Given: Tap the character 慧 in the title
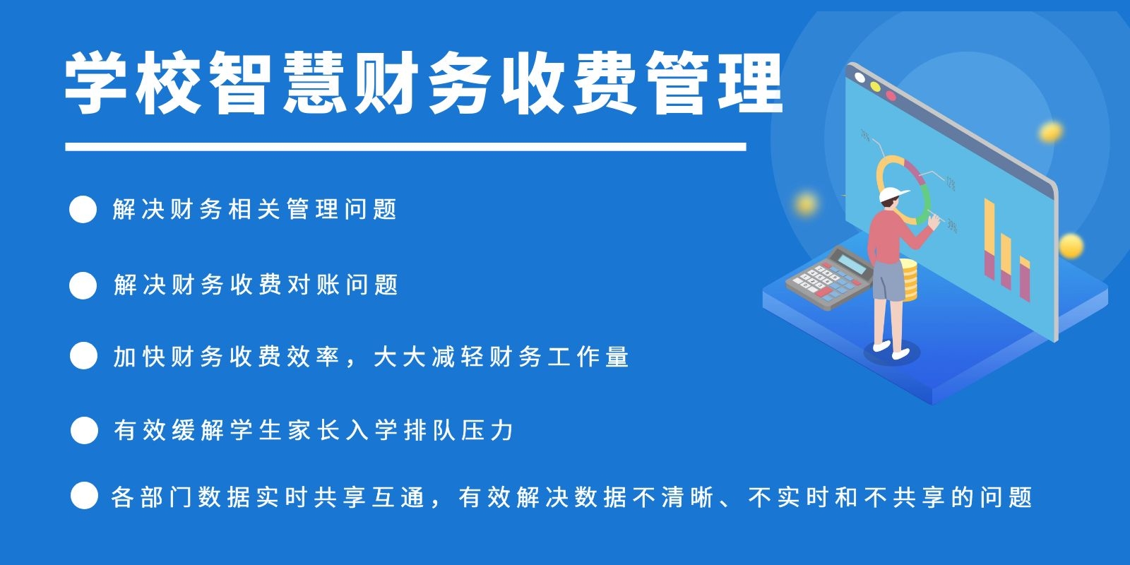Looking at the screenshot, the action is click(x=314, y=83).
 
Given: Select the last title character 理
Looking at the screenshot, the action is click(x=750, y=83).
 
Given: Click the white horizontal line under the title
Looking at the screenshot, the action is click(x=405, y=147).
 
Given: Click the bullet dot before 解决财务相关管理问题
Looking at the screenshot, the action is click(x=83, y=209).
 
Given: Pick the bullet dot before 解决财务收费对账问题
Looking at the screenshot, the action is click(x=83, y=285).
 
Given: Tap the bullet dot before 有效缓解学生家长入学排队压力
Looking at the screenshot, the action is click(x=84, y=430).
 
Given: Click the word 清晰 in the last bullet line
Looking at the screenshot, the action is click(x=688, y=497).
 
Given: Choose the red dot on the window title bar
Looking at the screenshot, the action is click(x=891, y=95).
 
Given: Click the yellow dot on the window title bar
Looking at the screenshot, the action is click(x=875, y=87).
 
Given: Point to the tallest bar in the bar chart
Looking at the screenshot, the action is click(x=989, y=239).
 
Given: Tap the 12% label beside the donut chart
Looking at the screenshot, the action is click(x=951, y=183).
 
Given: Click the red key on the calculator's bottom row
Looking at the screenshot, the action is click(x=823, y=292).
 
